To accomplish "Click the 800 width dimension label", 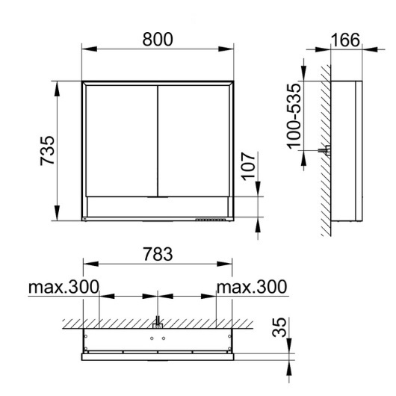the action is point(158,40).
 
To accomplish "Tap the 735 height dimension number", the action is point(47,151).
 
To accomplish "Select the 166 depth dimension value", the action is point(345,40).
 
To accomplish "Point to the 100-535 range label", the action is point(294,117).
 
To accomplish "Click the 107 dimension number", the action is point(248,167).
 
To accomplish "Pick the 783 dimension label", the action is point(158,254).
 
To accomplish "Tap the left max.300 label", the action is point(64,287).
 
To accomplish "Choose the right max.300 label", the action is point(252,287).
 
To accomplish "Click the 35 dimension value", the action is point(279,327).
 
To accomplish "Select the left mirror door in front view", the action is point(122,140).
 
